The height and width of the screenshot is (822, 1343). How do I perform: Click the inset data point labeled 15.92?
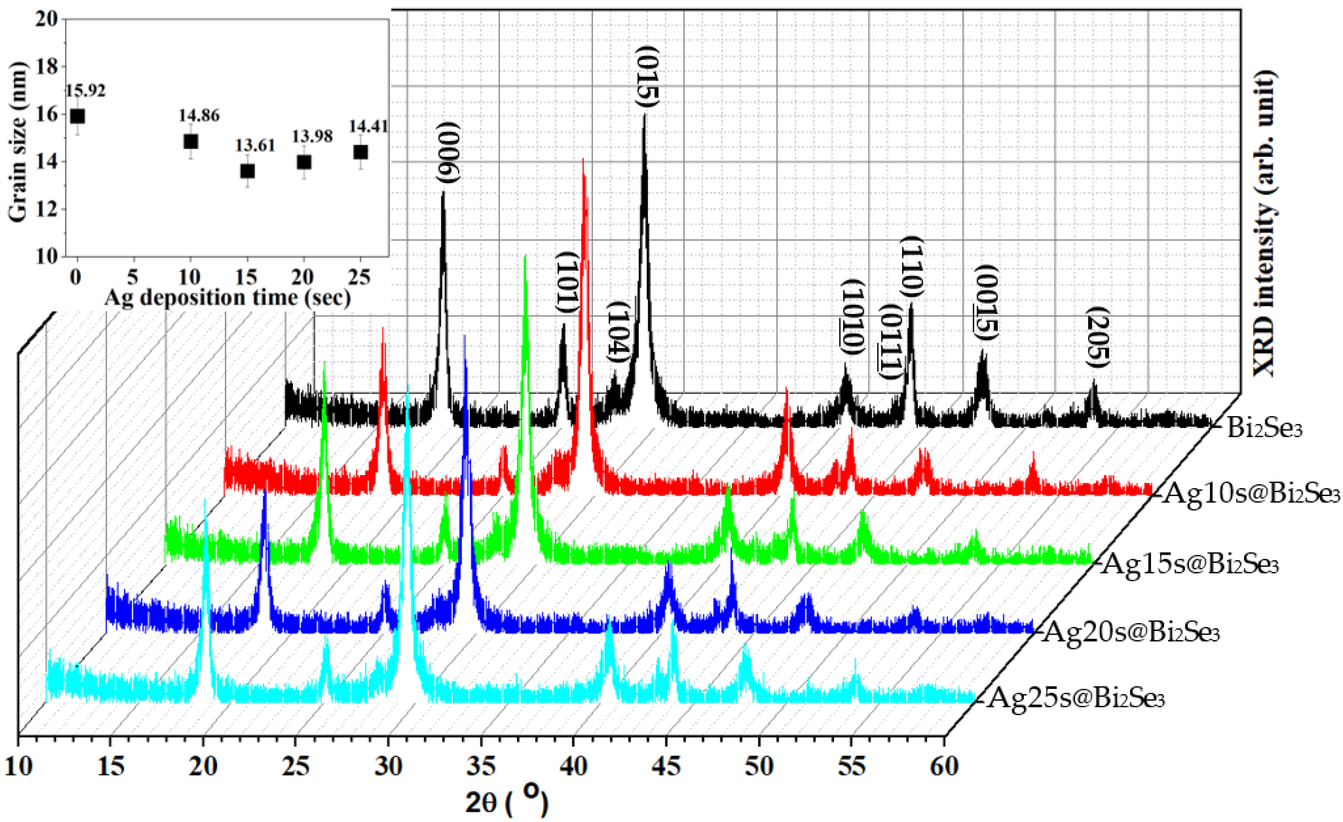77,116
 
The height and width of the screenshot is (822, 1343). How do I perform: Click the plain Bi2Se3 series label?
1264,429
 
